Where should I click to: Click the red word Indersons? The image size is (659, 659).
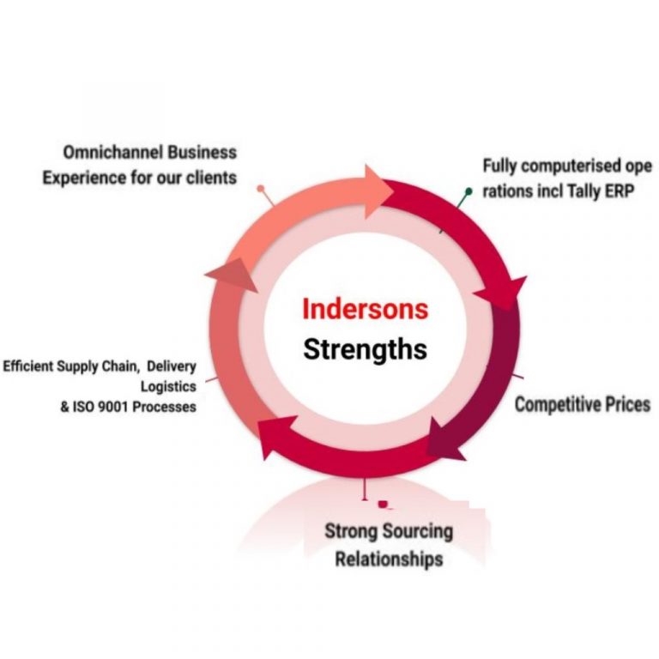pos(365,309)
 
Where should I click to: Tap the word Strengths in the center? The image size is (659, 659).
pos(365,349)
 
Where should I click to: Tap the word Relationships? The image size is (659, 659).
pos(389,559)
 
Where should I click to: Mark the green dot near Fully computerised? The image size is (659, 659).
pos(469,190)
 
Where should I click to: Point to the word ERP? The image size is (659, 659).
pos(617,191)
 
